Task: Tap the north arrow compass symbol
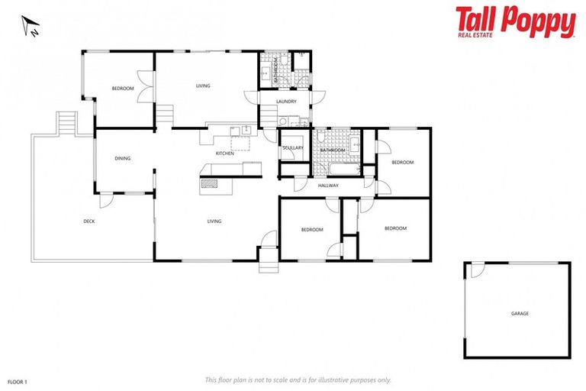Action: (x=31, y=28)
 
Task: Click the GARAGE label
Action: (x=520, y=313)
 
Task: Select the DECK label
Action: (x=89, y=221)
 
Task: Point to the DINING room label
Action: (x=122, y=159)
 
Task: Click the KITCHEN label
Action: (x=224, y=153)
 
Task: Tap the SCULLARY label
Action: (x=292, y=148)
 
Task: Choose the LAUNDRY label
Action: (x=286, y=101)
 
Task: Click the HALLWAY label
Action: (x=328, y=186)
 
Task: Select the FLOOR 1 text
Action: (x=18, y=380)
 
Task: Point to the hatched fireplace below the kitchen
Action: (x=209, y=184)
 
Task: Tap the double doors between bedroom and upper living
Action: (x=144, y=83)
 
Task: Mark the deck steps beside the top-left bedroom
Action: (x=67, y=122)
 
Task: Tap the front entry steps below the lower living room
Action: (x=269, y=266)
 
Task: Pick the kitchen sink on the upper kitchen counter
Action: (x=236, y=131)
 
